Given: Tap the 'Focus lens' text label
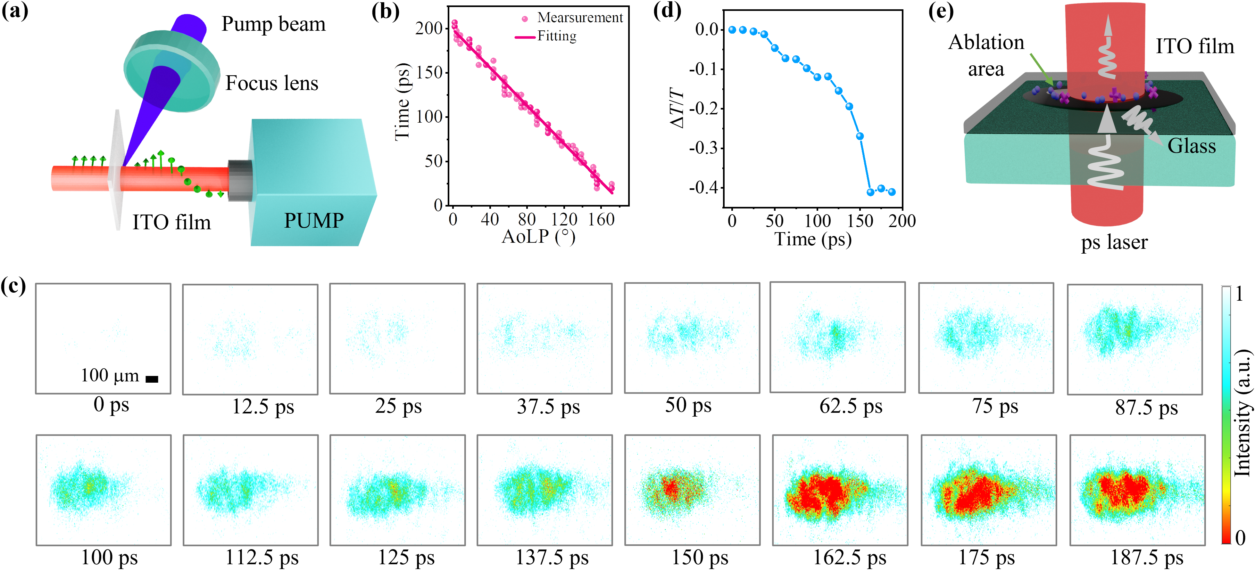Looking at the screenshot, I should tap(271, 83).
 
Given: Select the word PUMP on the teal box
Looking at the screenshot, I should tap(314, 221).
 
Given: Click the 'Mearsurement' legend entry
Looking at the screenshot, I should tap(579, 18).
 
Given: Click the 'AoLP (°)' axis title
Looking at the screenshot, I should tap(538, 237).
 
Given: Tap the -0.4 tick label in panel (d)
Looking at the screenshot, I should tap(703, 188).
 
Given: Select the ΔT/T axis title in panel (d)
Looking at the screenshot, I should tap(677, 108).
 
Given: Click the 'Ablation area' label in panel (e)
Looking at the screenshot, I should tap(986, 55).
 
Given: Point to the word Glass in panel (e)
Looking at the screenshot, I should tap(1191, 146).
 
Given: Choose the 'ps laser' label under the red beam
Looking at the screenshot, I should tap(1114, 242).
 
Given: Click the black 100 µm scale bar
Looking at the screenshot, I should tap(152, 379).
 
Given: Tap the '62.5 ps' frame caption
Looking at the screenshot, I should tap(851, 406).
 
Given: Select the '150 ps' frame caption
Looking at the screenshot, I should tap(700, 557).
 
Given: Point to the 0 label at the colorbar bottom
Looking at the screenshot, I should tap(1240, 538).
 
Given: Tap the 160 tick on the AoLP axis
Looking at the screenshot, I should tap(601, 220).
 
